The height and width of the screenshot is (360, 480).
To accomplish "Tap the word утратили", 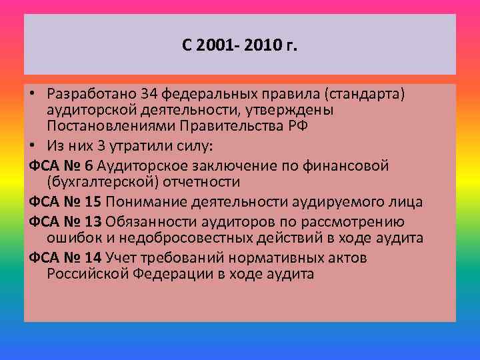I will coord(145,145).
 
